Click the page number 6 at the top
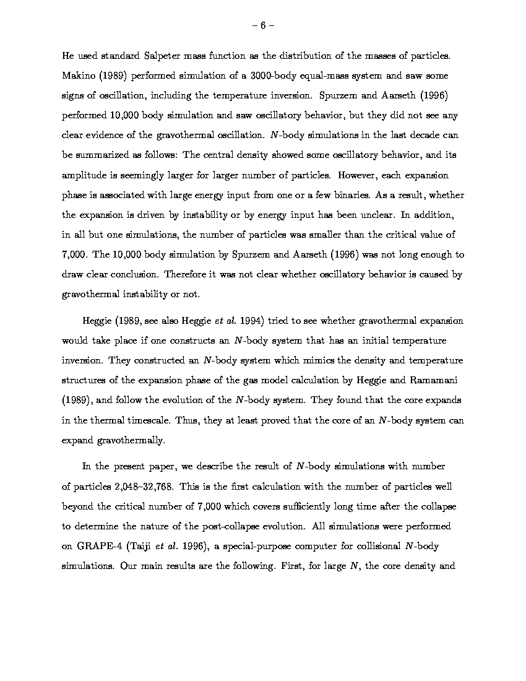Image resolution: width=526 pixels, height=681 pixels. tap(262, 25)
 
